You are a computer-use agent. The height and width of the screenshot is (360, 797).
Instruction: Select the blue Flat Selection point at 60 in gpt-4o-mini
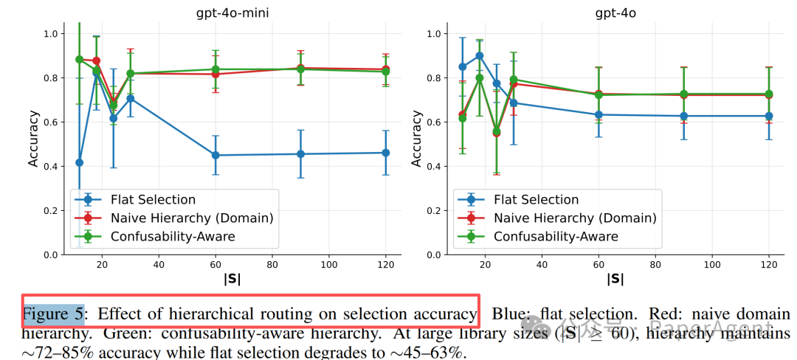[x=215, y=155]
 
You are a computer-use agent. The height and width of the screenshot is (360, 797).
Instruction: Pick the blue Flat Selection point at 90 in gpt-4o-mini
[x=300, y=154]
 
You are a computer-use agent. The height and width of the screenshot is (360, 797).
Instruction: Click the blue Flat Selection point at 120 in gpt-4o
[x=769, y=116]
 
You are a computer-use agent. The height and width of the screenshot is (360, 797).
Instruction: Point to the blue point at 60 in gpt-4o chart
[x=598, y=114]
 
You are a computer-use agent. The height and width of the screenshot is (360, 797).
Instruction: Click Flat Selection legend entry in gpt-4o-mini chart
[x=153, y=199]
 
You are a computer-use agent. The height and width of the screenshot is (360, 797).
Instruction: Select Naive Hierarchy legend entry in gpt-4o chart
[x=575, y=218]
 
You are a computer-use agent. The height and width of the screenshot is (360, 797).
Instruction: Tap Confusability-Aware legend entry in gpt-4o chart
[x=556, y=236]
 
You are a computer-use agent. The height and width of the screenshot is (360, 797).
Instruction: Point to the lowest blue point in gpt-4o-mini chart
[x=79, y=162]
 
